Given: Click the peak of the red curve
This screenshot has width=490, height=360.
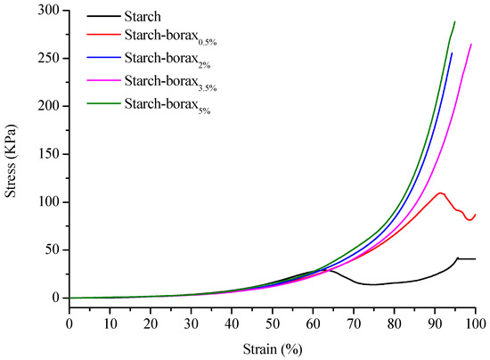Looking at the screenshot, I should [x=440, y=192].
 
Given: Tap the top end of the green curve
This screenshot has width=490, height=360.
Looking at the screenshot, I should [x=454, y=21].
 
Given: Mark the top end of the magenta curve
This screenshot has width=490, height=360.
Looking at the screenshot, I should [x=471, y=44].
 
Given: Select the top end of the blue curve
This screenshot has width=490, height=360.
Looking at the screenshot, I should [x=452, y=53].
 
